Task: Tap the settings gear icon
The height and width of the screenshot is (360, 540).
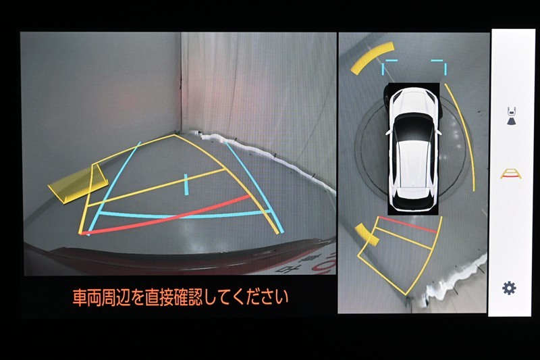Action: coord(509,288)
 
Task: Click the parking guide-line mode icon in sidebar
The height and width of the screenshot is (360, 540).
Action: coord(510,174)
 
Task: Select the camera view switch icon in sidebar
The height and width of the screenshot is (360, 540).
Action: coord(512,115)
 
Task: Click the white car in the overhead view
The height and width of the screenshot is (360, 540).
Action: coord(412,149)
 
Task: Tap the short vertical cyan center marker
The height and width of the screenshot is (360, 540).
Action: coord(186,184)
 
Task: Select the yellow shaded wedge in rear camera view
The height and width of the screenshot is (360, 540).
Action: coord(77,184)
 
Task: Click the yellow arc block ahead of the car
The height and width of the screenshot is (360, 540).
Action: coord(372,57)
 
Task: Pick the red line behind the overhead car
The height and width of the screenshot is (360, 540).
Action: coord(410,225)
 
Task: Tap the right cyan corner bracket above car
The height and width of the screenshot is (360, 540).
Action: coord(439,66)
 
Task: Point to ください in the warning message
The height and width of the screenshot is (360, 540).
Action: coord(254,297)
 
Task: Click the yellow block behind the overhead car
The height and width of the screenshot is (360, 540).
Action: coord(367,234)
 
